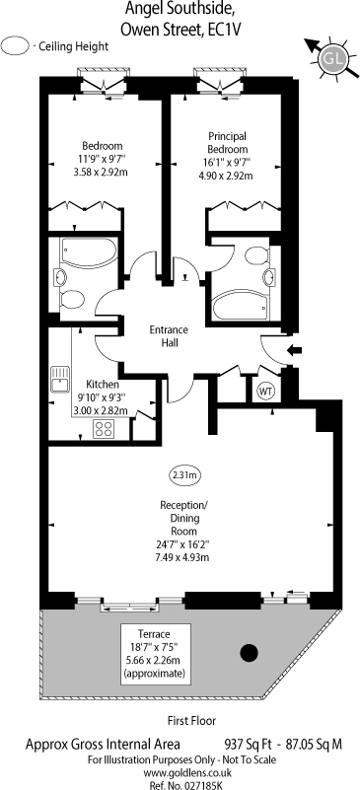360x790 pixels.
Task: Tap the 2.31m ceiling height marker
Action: (184, 475)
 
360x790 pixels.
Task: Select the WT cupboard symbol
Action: (265, 391)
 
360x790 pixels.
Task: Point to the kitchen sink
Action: (58, 378)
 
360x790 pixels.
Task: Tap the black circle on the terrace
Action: (251, 651)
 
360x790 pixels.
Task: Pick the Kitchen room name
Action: (103, 384)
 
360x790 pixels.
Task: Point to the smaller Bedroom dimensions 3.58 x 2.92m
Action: (102, 169)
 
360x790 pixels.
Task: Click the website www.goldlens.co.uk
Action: (180, 772)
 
